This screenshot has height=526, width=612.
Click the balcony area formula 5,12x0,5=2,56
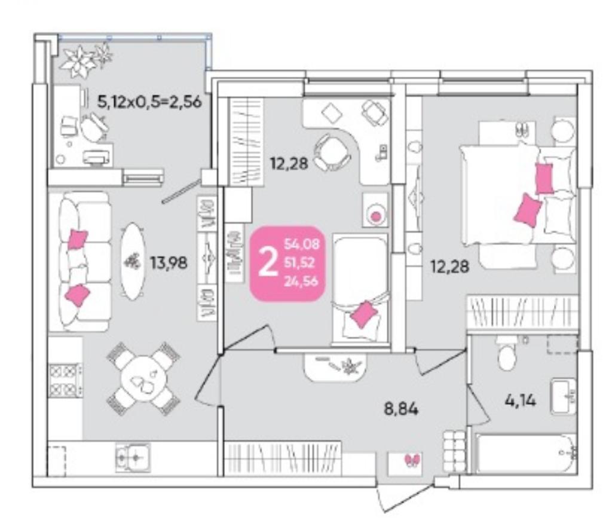[149, 102]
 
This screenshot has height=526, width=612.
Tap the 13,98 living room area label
[169, 263]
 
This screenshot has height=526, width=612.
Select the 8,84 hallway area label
[401, 409]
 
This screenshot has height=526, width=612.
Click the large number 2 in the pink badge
[268, 262]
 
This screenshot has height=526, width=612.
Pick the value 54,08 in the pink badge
[302, 244]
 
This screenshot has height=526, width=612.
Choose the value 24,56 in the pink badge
[301, 281]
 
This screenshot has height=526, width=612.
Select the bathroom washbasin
[564, 396]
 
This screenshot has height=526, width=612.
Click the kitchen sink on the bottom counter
[133, 457]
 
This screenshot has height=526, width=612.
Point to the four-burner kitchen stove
[65, 380]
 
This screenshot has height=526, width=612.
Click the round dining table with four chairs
[143, 378]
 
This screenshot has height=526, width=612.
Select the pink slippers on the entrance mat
[412, 460]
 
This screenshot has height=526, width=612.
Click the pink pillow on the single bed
[364, 314]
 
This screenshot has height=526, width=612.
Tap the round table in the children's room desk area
[333, 151]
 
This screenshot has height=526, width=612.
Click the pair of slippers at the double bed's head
[521, 130]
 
